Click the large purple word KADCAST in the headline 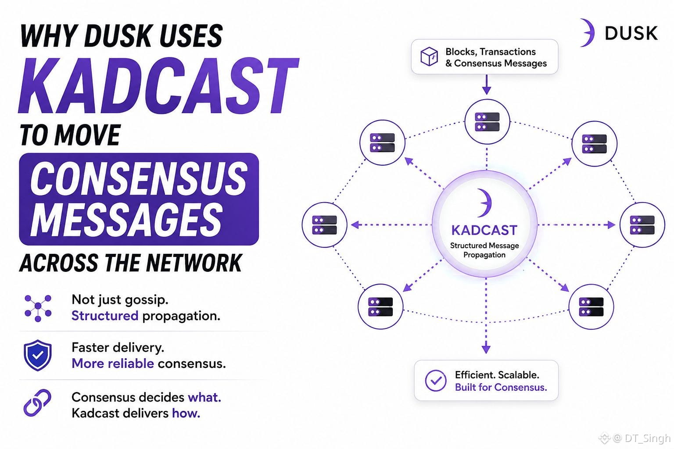tap(158, 86)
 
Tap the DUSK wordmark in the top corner tap(631, 33)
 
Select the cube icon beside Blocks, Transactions tap(429, 56)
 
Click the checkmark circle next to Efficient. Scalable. tap(435, 381)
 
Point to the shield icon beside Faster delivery tap(38, 355)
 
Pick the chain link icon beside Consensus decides tap(37, 403)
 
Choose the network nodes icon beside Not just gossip tap(38, 308)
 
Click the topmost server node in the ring tap(487, 122)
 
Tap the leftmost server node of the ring tap(324, 224)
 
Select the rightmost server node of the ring tap(642, 224)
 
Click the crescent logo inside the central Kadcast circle tap(484, 203)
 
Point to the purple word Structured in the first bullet tap(105, 316)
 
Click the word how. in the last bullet tap(186, 413)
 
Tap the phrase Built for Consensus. tap(501, 387)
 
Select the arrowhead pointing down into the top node tap(487, 90)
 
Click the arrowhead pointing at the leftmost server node tap(355, 224)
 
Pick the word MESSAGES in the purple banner tap(126, 219)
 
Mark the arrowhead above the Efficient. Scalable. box tap(486, 349)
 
